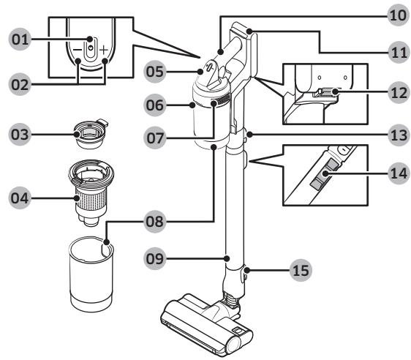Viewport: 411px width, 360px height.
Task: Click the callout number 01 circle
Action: (20, 40)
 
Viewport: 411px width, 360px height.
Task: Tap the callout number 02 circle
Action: (20, 84)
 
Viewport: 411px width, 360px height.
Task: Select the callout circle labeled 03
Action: (20, 134)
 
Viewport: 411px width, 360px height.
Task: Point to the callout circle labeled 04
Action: (20, 198)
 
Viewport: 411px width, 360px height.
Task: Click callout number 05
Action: (155, 72)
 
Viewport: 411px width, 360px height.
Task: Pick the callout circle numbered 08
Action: (155, 222)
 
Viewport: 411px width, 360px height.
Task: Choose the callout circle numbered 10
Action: (398, 15)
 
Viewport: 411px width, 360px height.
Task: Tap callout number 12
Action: (399, 92)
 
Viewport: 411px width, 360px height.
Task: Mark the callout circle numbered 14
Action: (399, 173)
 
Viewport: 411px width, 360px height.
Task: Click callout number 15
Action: (301, 270)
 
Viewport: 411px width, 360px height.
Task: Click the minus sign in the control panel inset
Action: (78, 50)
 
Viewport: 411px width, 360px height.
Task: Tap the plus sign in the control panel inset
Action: (104, 50)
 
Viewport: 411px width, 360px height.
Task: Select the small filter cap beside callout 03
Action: (91, 134)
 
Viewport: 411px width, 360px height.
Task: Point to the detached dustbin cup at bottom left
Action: (91, 274)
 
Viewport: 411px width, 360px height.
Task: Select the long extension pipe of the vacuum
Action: (235, 210)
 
